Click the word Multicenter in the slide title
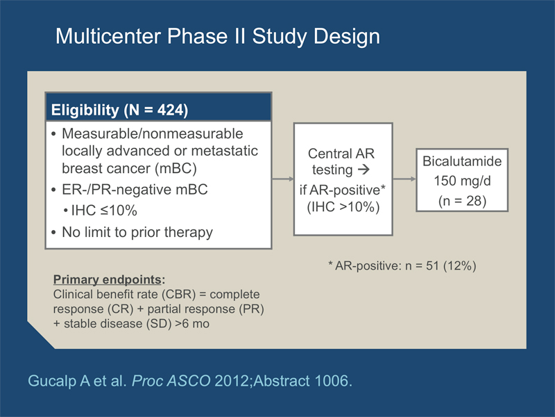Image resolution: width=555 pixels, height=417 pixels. coord(108,36)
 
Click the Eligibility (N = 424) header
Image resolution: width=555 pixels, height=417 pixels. coord(119,110)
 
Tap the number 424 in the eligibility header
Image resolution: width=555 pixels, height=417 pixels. coord(170,110)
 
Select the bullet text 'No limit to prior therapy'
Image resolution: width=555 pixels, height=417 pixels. coord(137,232)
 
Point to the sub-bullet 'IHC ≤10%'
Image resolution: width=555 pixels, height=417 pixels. coord(104,211)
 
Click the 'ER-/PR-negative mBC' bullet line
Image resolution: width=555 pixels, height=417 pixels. coord(135,189)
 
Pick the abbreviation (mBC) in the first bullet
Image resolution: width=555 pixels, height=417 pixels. coord(176,168)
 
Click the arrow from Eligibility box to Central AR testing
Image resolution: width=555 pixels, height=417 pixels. coord(283,179)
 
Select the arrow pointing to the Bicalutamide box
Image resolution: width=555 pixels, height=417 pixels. coord(404,179)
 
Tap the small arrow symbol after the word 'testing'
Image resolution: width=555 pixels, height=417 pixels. coord(364,170)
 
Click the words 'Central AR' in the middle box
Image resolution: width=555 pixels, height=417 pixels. coord(341,154)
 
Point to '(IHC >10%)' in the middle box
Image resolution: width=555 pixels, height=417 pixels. coord(343,207)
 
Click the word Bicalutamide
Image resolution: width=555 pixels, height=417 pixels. coord(462,161)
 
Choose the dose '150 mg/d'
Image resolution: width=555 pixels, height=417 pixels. coord(462,181)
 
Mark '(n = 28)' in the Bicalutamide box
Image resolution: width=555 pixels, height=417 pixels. coord(462,201)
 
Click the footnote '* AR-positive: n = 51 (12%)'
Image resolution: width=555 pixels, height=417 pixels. coord(402,265)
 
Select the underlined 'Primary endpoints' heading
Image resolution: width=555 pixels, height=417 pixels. coord(108,279)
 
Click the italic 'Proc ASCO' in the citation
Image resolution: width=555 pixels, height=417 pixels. coord(171,381)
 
